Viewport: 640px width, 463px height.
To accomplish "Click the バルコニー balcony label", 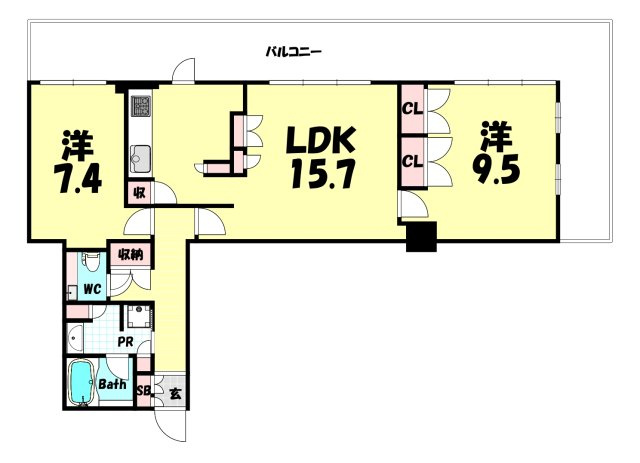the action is (294, 52).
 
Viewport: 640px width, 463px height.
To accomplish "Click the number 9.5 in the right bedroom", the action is (496, 170).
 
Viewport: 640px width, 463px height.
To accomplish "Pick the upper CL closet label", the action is (413, 109).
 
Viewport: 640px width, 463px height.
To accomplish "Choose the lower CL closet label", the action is (413, 162).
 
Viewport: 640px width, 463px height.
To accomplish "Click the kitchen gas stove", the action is (141, 105).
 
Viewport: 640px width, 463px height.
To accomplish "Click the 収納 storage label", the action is (131, 255).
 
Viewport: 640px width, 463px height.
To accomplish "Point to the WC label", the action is (92, 289).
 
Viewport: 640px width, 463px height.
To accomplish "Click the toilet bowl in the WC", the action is (90, 262).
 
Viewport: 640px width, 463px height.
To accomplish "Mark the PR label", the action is (126, 342).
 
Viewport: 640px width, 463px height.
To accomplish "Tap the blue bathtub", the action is (82, 383).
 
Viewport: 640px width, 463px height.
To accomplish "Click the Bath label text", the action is (113, 384).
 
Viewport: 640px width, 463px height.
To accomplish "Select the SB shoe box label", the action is (144, 391).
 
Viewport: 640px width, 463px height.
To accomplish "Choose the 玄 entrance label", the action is (175, 394).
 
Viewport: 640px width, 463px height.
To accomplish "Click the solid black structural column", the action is (422, 237).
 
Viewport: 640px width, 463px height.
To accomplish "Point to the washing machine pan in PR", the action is (138, 317).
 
